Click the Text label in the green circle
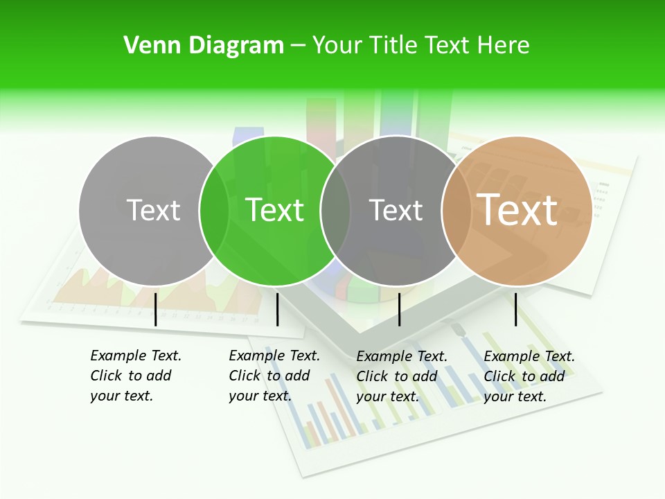click(x=275, y=210)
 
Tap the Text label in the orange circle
click(x=517, y=209)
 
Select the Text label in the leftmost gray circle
click(x=154, y=210)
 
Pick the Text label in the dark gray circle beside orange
click(x=396, y=210)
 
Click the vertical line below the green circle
click(x=277, y=309)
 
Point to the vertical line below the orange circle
click(x=515, y=309)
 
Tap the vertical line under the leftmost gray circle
click(x=156, y=309)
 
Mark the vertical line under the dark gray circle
click(x=399, y=309)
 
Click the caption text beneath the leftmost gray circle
click(x=135, y=376)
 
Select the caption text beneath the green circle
click(x=274, y=376)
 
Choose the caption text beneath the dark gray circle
click(x=401, y=376)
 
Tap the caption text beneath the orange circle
click(x=529, y=376)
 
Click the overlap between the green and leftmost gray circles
click(x=214, y=211)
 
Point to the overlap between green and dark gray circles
click(x=335, y=211)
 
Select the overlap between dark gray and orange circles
click(x=456, y=211)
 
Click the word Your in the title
click(x=337, y=46)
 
